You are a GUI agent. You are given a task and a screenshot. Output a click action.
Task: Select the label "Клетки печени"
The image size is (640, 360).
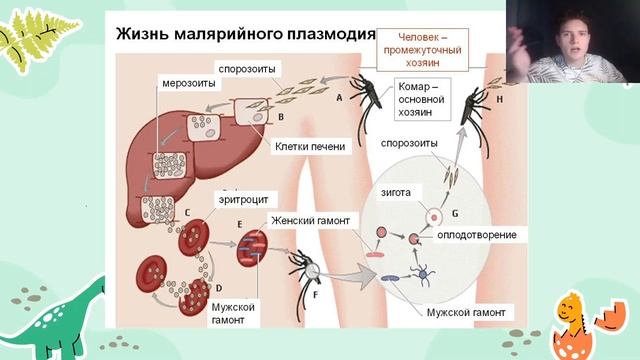pyautogui.click(x=310, y=146)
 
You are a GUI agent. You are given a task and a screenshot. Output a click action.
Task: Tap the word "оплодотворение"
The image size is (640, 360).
pyautogui.click(x=477, y=235)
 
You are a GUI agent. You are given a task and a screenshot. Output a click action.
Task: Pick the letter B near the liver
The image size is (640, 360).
pyautogui.click(x=281, y=117)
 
